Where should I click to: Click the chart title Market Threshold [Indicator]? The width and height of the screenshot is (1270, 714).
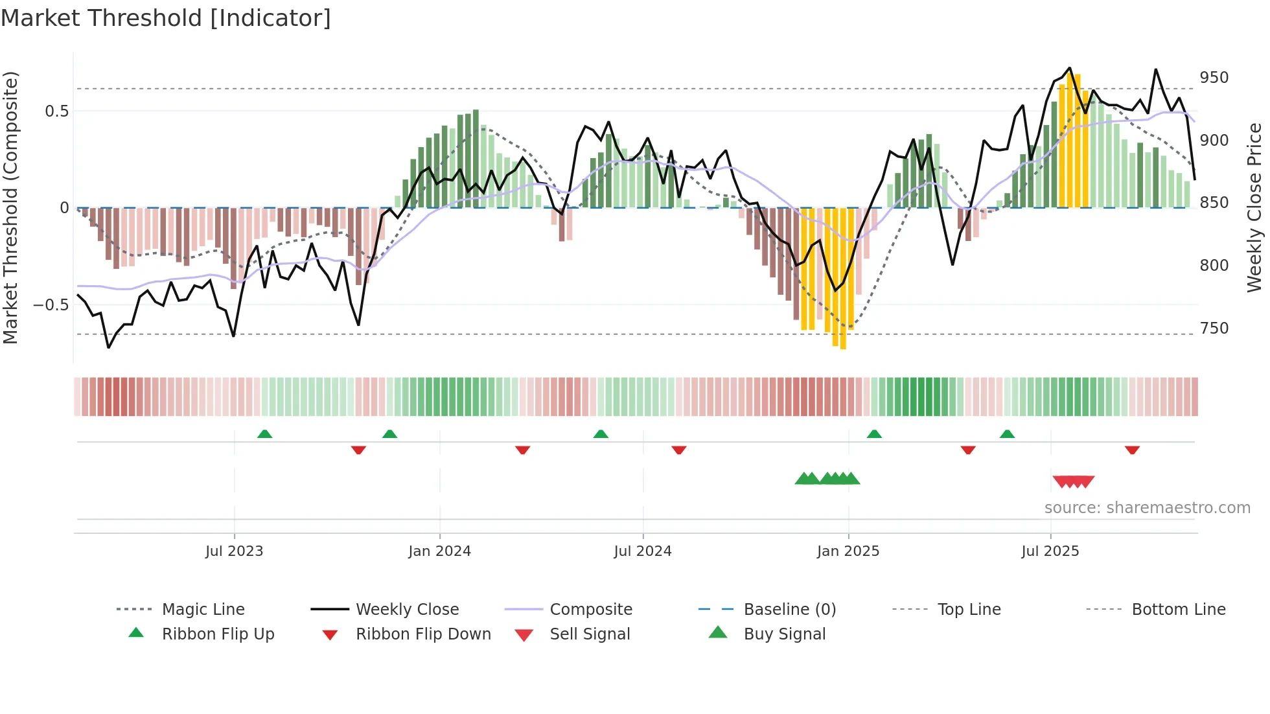point(166,18)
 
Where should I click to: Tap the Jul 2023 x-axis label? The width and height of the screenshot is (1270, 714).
point(234,551)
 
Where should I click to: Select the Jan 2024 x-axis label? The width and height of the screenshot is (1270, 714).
point(439,551)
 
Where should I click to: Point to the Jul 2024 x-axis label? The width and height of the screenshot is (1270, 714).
point(642,551)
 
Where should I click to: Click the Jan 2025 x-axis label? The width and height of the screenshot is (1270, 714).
point(848,551)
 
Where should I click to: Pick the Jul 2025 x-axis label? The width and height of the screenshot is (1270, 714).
point(1050,551)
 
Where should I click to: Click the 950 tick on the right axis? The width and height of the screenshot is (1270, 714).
point(1214,78)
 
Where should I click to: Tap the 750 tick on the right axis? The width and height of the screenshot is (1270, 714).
point(1214,328)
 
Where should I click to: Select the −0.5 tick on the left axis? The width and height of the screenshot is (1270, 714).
point(51,305)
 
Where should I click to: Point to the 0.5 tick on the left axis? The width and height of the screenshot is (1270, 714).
point(56,111)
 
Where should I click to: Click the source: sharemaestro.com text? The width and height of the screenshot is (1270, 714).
point(1147,508)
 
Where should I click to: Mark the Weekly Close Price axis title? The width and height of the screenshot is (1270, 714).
point(1254,207)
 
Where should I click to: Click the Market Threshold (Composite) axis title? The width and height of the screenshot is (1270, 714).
point(10,207)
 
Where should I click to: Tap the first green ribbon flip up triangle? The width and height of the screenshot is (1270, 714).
point(264,434)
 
